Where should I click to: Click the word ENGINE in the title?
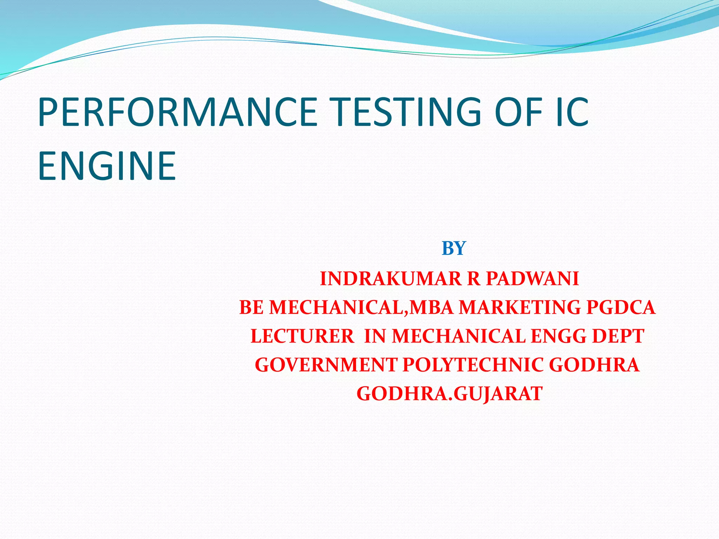tap(107, 166)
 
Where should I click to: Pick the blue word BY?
tap(454, 248)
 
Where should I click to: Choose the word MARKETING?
tap(520, 307)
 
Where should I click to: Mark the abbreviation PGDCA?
tap(621, 307)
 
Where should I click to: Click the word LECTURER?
tap(302, 336)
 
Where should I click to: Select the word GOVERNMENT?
tap(326, 365)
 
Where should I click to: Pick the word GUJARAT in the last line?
tap(498, 394)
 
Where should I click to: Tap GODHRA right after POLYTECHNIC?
tap(594, 365)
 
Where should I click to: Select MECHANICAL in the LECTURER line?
tap(459, 336)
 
